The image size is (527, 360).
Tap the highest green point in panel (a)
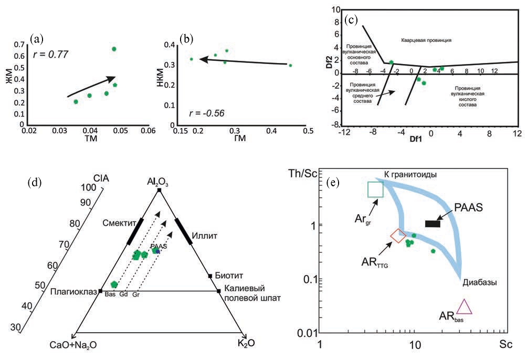pos(114,49)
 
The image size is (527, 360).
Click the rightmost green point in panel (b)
pos(290,66)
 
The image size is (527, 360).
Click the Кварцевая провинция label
pos(426,40)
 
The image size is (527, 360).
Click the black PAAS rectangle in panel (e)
pos(432,224)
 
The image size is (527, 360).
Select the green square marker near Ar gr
pos(375,189)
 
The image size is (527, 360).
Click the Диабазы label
pos(480,282)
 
